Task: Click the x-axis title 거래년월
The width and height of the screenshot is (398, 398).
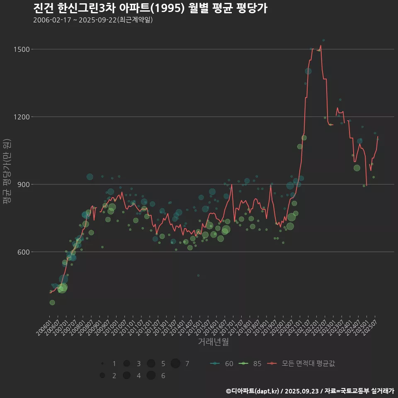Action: point(214,342)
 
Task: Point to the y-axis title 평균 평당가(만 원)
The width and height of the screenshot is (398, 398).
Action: point(7,172)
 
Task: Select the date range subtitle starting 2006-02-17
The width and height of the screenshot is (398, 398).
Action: point(93,20)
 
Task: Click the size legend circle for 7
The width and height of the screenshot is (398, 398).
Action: point(175,364)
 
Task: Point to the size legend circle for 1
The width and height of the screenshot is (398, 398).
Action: point(102,364)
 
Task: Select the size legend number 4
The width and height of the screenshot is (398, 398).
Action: point(138,376)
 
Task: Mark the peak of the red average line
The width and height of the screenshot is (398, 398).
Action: point(320,46)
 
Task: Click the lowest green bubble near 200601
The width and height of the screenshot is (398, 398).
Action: point(52,303)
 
